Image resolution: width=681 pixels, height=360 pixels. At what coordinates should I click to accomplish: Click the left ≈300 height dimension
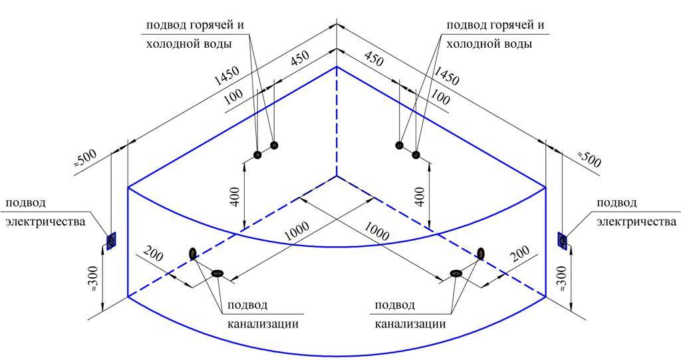pyautogui.click(x=94, y=279)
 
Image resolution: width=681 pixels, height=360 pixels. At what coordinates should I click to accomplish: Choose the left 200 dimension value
pyautogui.click(x=152, y=255)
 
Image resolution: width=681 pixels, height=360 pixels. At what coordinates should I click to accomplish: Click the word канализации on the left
pyautogui.click(x=262, y=324)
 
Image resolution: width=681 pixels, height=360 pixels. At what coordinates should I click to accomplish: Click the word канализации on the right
pyautogui.click(x=410, y=324)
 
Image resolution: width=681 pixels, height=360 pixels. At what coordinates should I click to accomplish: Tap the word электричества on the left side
pyautogui.click(x=46, y=222)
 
